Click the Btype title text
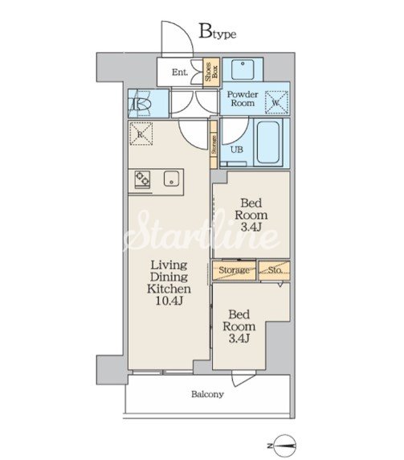coord(218,31)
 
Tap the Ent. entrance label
coord(180,72)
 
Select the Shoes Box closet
coord(211,72)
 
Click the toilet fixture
coord(141,105)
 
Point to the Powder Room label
coord(243,99)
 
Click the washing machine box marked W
coord(276,102)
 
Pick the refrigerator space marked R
coord(141,133)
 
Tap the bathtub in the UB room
coord(268,142)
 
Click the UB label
coord(237,150)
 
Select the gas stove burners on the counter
coord(142,179)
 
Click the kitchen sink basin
coord(171,179)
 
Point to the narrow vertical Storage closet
coord(214,144)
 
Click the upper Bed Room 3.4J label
coord(251,215)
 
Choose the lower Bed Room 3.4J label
coord(239,327)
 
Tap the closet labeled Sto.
coord(274,270)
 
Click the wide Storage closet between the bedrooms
coord(234,270)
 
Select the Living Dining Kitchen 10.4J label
coord(169,283)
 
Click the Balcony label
coord(207,394)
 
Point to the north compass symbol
coord(283,446)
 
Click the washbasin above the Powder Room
coord(243,70)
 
